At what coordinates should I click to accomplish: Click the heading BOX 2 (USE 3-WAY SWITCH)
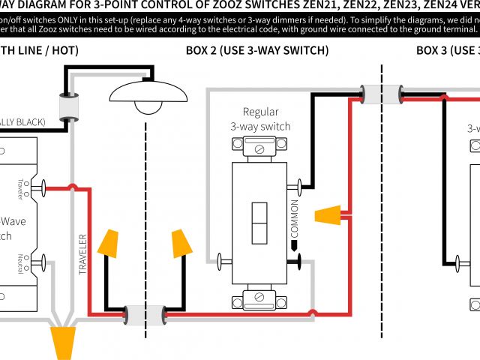pos(257,51)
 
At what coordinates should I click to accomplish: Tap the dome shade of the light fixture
pos(148,91)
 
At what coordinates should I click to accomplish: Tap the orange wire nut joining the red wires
pos(328,217)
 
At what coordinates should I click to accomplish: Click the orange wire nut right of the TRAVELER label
pos(111,243)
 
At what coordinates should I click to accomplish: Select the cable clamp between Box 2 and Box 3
pos(382,94)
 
